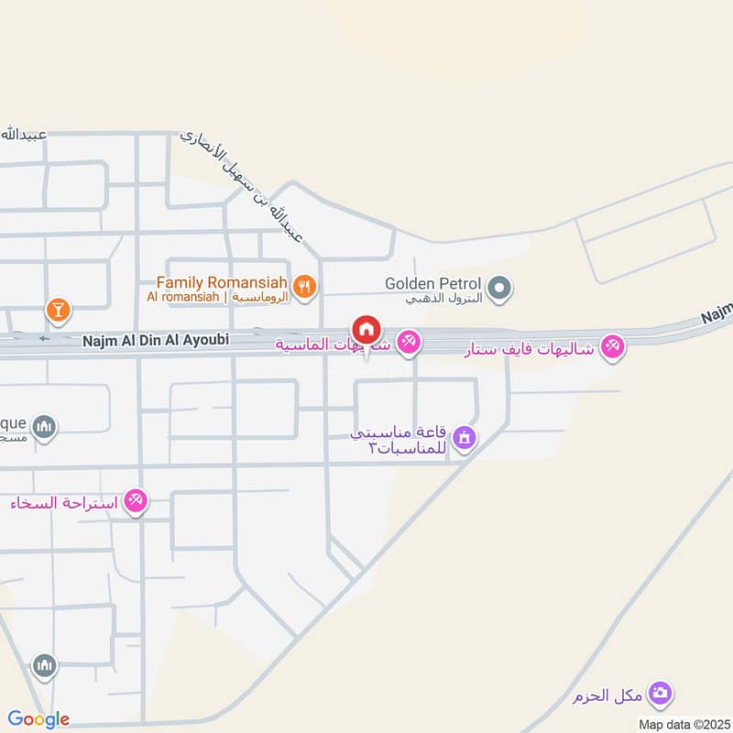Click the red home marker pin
tap(366, 329)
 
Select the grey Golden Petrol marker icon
tap(499, 290)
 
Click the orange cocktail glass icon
tap(58, 310)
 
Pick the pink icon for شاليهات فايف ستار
tap(614, 346)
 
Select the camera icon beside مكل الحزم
tap(659, 695)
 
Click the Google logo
tap(38, 719)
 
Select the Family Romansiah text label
tap(223, 283)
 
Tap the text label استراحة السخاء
tap(66, 502)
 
